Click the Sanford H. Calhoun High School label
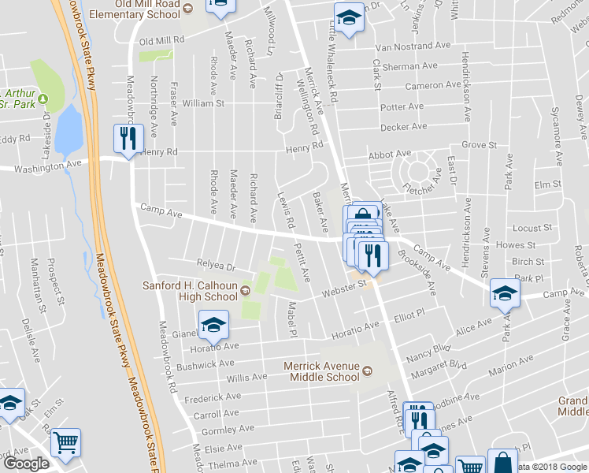189,291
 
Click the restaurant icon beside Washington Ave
126,140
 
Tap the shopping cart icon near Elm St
66,443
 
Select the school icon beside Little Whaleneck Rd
347,17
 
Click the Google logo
27,464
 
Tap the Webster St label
344,288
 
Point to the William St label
203,103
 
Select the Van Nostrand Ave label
406,47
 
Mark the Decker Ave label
403,126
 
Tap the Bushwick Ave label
206,364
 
